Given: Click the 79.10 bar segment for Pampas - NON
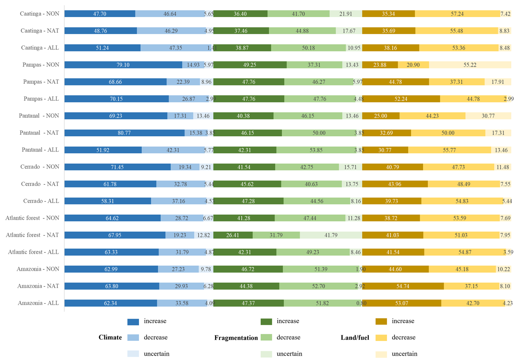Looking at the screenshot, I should (x=123, y=65).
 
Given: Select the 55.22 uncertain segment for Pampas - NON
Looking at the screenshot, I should (x=470, y=65).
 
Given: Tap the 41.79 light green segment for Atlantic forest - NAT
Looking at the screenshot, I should (x=331, y=235).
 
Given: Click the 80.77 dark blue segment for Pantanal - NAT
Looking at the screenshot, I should (x=124, y=133).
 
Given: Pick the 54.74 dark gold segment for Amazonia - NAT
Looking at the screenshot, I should (x=403, y=286).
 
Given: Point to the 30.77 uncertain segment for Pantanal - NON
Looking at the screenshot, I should (x=488, y=116).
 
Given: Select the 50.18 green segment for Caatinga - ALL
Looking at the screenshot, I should (x=308, y=48).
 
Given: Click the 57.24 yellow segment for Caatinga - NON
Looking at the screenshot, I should (x=457, y=14).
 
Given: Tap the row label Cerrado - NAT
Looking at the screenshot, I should (x=40, y=184).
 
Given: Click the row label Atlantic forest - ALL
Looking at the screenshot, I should (x=33, y=252).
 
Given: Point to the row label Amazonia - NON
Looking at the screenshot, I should (x=38, y=269).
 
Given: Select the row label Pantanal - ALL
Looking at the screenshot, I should (x=40, y=150).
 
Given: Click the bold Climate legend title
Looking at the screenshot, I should (x=110, y=338).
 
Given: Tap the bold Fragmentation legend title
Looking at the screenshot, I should (x=236, y=338).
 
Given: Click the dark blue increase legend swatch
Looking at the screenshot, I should (x=133, y=321).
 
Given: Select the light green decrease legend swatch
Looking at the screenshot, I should (x=266, y=338).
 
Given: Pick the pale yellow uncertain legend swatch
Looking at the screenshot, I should (x=381, y=354).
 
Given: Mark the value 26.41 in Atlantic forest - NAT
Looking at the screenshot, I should (x=233, y=235).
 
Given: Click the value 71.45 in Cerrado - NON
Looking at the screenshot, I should (x=117, y=167).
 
